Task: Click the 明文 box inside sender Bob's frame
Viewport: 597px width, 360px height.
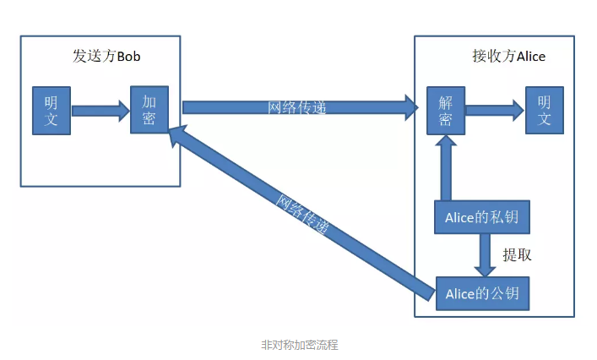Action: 52,110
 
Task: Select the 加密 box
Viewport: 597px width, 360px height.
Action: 149,110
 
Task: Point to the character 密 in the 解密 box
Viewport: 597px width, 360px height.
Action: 446,119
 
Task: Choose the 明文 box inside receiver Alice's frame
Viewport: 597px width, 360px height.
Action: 544,110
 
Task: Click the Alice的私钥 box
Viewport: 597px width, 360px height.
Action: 481,218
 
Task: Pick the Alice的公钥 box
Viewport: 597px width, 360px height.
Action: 481,294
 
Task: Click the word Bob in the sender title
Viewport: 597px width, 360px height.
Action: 128,57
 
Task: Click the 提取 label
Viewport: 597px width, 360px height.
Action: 517,255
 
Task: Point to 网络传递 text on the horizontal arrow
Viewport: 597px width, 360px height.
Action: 296,107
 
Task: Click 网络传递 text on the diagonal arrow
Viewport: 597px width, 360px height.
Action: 302,215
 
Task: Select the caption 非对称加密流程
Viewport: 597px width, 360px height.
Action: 300,345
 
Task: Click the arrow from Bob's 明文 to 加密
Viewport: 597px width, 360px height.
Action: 100,110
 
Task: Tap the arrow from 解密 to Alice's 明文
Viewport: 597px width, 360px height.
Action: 494,109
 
